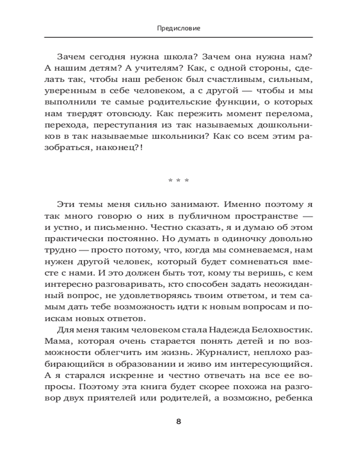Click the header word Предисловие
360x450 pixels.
[179, 28]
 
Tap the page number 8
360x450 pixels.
[179, 422]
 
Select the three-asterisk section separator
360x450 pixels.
[179, 181]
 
